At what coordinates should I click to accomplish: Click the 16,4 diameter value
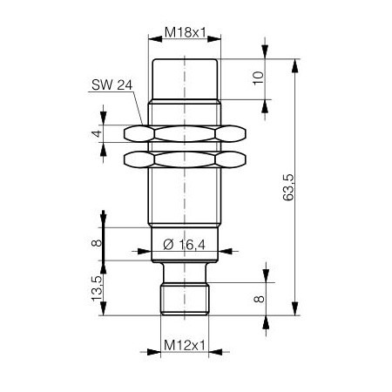(x=191, y=246)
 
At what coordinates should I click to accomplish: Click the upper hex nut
(x=183, y=133)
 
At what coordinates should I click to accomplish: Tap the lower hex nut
(x=183, y=159)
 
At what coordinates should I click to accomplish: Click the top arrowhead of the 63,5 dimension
(x=296, y=62)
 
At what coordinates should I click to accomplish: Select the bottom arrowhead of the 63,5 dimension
(x=296, y=311)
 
